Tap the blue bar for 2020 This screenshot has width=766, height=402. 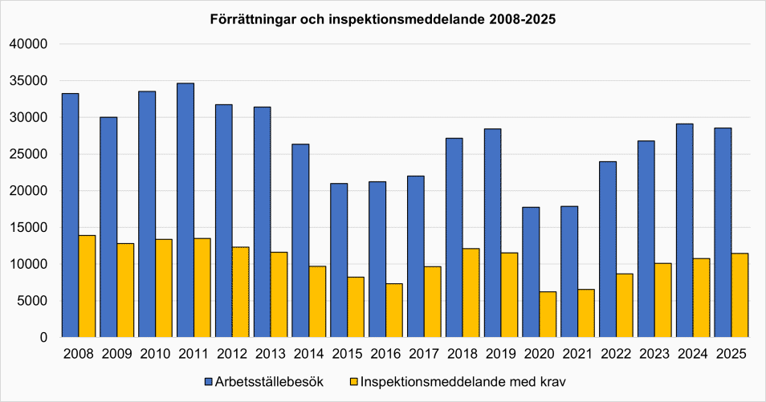pyautogui.click(x=531, y=272)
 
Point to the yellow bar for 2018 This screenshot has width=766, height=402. pyautogui.click(x=471, y=293)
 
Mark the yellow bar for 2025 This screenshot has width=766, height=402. pyautogui.click(x=740, y=295)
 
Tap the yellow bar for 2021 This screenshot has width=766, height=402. pyautogui.click(x=586, y=313)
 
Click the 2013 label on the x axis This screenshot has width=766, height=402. pyautogui.click(x=271, y=354)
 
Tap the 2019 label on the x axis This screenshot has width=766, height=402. pyautogui.click(x=501, y=354)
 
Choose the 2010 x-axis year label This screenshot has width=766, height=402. pyautogui.click(x=155, y=354)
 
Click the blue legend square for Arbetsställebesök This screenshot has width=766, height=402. pyautogui.click(x=208, y=382)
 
